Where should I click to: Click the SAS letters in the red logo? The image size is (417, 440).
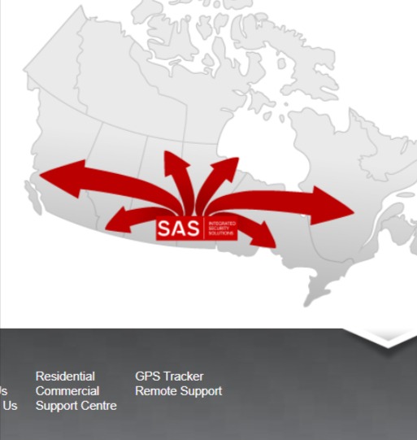tap(178, 229)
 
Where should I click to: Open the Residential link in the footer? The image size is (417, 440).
tap(65, 377)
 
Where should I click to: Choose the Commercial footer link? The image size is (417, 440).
tap(67, 391)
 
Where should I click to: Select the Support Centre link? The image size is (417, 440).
tap(76, 406)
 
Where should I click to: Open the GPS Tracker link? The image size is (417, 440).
tap(169, 377)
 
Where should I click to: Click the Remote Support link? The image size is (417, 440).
tap(178, 391)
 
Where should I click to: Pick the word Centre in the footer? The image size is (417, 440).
tap(98, 406)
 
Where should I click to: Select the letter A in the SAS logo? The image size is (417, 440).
tap(178, 229)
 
